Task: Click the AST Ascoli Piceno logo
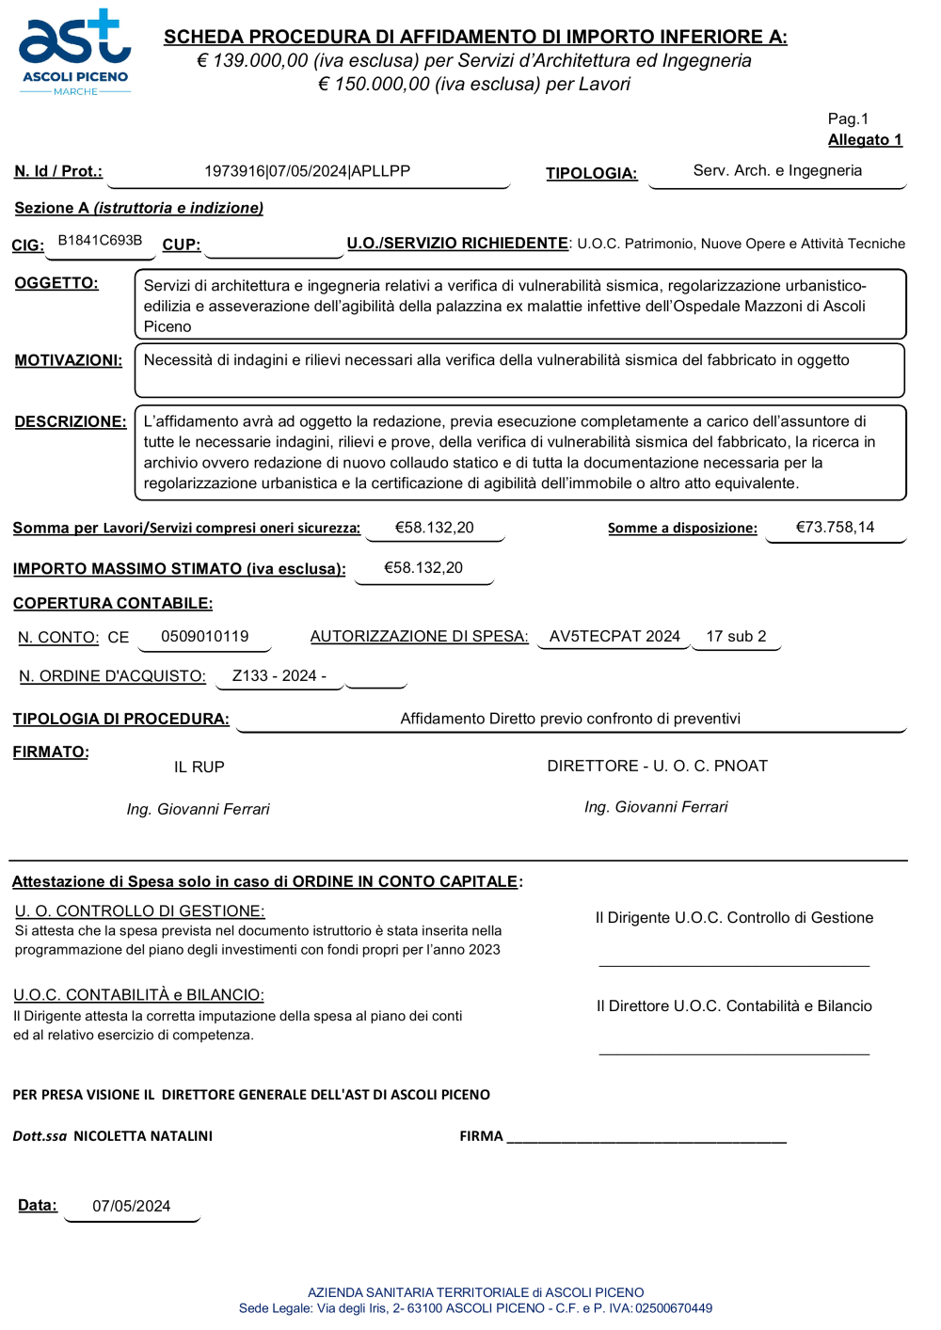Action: pos(75,53)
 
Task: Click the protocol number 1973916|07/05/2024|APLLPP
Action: pos(307,171)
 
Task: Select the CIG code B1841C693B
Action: pos(100,241)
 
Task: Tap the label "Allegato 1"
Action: pos(865,140)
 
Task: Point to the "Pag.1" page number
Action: pos(848,119)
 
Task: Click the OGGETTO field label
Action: pos(56,283)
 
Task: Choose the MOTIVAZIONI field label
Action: pos(68,360)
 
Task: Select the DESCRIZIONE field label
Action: pos(70,421)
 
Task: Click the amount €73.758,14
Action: pos(835,528)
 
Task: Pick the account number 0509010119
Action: pos(204,637)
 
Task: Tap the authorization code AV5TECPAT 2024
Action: pos(614,637)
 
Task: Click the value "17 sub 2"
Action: pos(736,637)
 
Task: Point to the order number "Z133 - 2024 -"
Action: pos(279,676)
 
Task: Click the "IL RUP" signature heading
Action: pos(199,768)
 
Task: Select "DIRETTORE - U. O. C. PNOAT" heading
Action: pos(657,767)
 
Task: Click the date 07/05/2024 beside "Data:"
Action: pos(131,1207)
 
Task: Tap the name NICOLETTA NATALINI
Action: pos(143,1136)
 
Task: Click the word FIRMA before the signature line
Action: pos(481,1136)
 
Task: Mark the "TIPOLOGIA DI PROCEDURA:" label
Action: pos(120,720)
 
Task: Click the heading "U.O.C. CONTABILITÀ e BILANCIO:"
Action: pos(138,995)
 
